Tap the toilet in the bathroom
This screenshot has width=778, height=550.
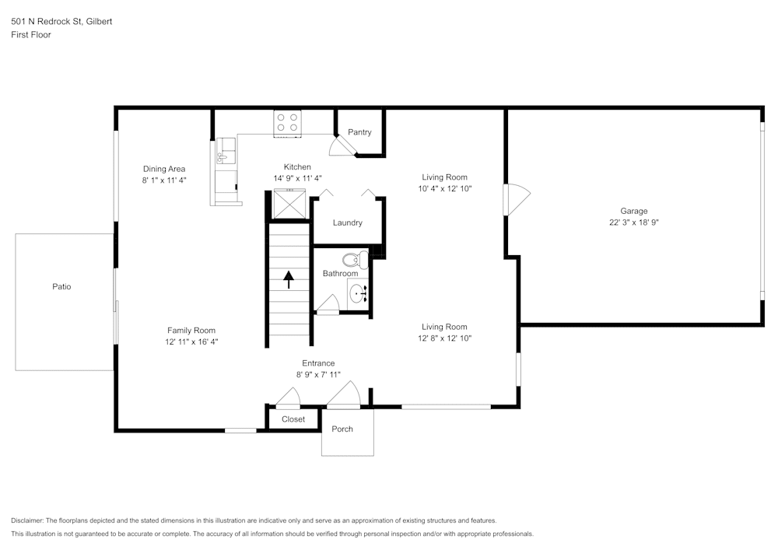[356, 260]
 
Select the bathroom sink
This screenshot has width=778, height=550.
[358, 294]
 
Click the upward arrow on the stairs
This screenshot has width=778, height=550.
[289, 279]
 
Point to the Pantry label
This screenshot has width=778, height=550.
[359, 132]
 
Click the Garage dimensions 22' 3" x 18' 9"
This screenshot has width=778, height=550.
[633, 222]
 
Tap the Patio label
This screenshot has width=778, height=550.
[61, 287]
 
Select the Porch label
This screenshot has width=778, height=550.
[342, 429]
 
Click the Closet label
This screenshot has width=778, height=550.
[293, 419]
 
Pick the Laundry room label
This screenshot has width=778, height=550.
[347, 222]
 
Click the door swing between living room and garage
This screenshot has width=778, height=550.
[516, 199]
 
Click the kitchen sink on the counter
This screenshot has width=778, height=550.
[224, 154]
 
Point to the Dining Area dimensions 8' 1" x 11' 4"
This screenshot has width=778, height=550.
[164, 180]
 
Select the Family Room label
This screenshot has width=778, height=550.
[191, 330]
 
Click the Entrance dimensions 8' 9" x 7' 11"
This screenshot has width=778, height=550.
[318, 374]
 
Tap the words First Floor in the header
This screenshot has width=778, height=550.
[31, 35]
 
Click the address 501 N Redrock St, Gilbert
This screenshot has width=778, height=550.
[61, 22]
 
